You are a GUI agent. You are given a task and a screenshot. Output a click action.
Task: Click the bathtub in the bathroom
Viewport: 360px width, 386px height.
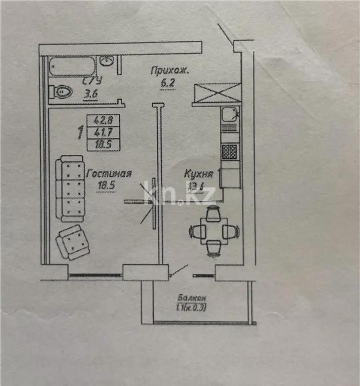tap(71, 66)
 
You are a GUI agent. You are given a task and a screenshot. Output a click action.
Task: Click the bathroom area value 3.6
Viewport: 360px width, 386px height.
tap(91, 93)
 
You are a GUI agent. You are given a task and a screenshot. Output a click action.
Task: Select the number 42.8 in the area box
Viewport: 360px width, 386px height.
tap(103, 121)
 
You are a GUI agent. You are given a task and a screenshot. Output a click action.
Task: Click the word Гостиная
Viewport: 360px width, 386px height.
tap(109, 174)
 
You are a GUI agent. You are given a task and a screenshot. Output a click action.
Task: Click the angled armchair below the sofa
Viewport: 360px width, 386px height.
tap(73, 242)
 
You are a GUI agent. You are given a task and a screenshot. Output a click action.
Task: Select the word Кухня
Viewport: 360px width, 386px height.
tap(198, 174)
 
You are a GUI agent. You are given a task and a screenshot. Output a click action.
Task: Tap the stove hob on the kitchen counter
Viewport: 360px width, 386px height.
tap(229, 151)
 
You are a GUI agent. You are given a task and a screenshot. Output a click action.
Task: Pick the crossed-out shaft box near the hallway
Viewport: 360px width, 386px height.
tap(217, 93)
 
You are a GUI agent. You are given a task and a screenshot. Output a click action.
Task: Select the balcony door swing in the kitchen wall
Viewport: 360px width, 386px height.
tap(178, 271)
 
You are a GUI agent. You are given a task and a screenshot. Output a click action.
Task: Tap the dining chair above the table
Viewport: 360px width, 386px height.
tap(213, 213)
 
